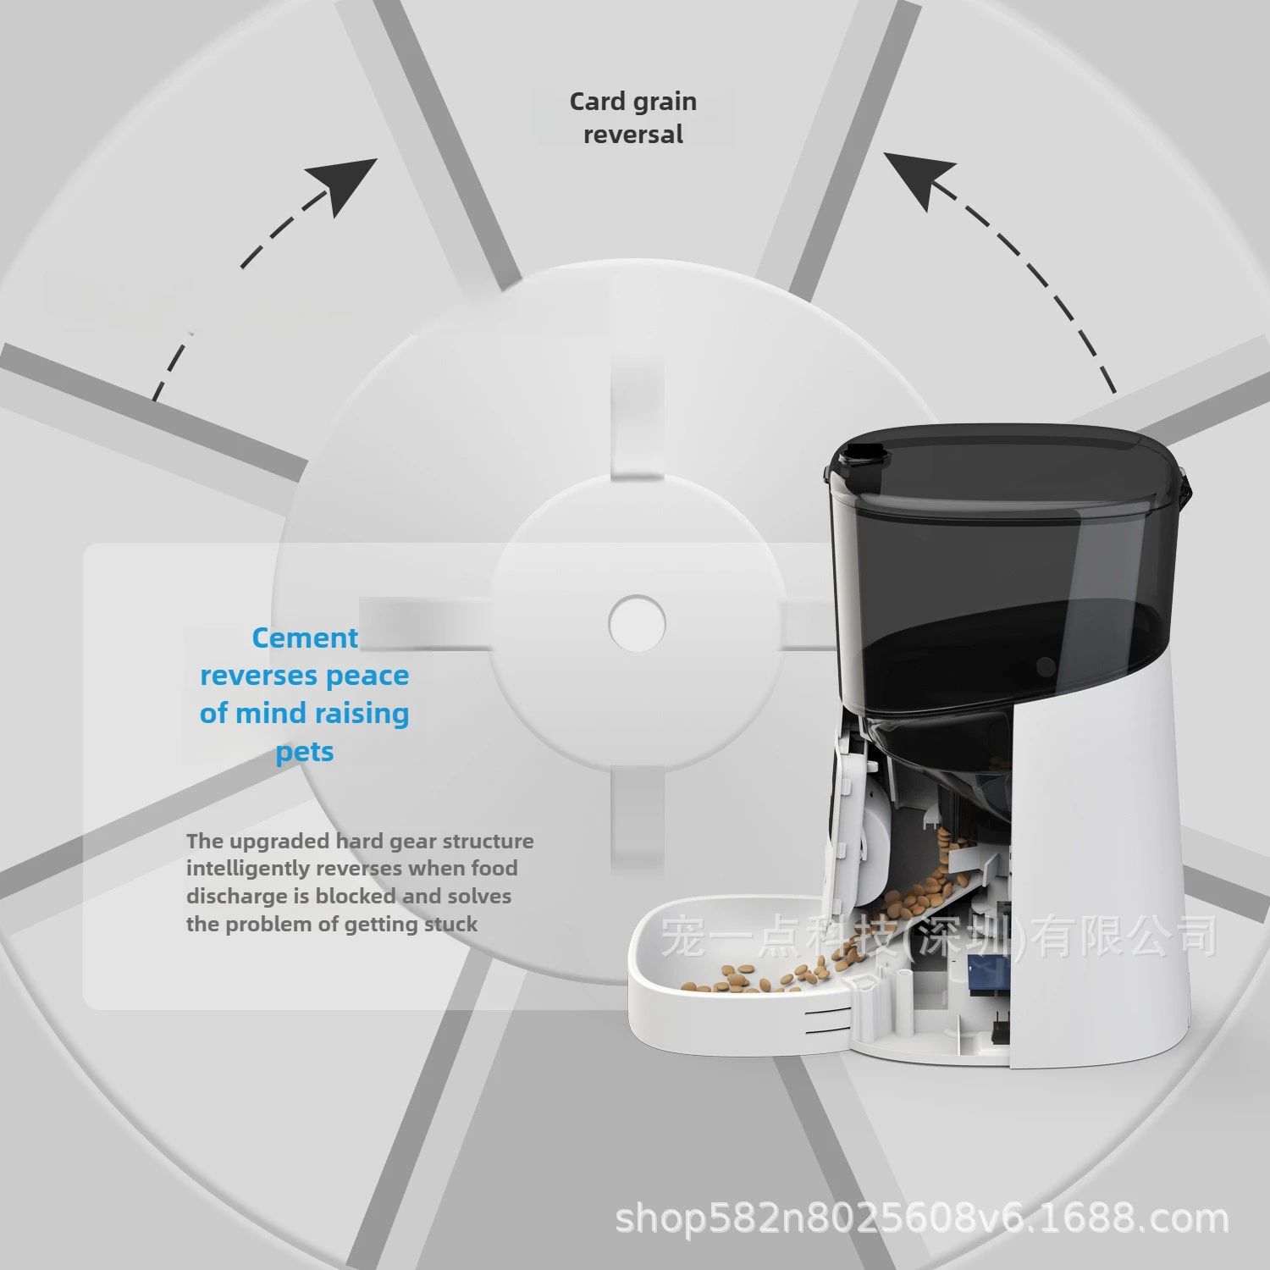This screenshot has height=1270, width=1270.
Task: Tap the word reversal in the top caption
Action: click(x=633, y=135)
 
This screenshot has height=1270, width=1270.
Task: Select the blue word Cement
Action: click(x=305, y=638)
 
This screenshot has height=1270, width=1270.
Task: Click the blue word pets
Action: click(x=305, y=752)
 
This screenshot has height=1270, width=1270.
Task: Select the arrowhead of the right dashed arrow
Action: click(x=920, y=179)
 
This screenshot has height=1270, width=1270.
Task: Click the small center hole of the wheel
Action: click(x=637, y=624)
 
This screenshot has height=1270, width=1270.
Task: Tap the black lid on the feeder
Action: click(x=1008, y=470)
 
